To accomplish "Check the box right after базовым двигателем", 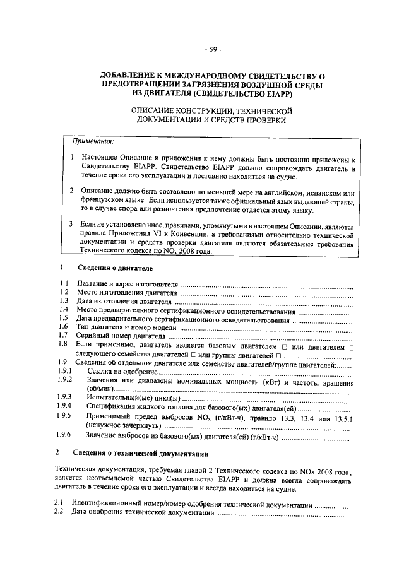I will tap(285, 346).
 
